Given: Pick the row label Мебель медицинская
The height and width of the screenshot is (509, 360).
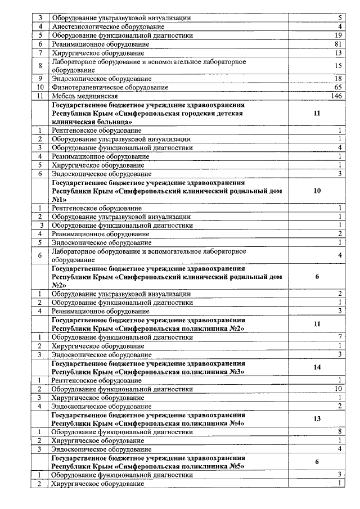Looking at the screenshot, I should pyautogui.click(x=85, y=96).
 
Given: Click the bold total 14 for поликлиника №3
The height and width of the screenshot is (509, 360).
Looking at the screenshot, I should pyautogui.click(x=317, y=367).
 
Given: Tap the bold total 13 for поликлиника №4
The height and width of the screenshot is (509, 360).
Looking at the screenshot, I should pyautogui.click(x=317, y=419).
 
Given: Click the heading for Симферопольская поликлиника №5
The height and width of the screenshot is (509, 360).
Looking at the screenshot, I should pyautogui.click(x=148, y=462).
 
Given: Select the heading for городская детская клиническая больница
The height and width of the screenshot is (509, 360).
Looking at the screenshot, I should pyautogui.click(x=148, y=113).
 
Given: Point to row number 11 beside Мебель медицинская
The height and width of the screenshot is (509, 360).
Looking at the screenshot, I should pyautogui.click(x=40, y=96).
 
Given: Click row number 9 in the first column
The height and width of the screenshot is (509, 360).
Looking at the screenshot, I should pyautogui.click(x=40, y=79).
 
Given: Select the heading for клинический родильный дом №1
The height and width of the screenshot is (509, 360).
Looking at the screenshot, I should pyautogui.click(x=166, y=191).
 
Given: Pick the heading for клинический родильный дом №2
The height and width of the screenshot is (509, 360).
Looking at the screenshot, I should pyautogui.click(x=166, y=277).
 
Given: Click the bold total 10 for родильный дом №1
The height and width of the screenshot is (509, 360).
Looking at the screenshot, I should pyautogui.click(x=317, y=191).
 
